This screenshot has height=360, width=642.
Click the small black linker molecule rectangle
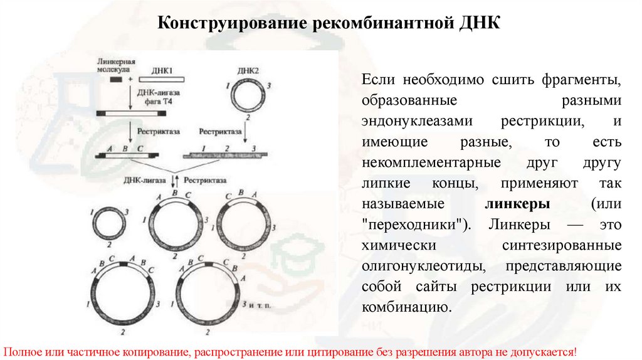tap(116, 80)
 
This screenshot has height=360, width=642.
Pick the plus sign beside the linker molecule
tap(130, 80)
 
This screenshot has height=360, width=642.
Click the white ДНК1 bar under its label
tap(162, 80)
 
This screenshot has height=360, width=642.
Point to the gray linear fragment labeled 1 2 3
tap(227, 154)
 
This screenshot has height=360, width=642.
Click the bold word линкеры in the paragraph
tap(518, 204)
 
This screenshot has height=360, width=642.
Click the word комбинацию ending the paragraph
tap(406, 307)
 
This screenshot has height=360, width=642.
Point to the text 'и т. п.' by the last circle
tap(260, 304)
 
